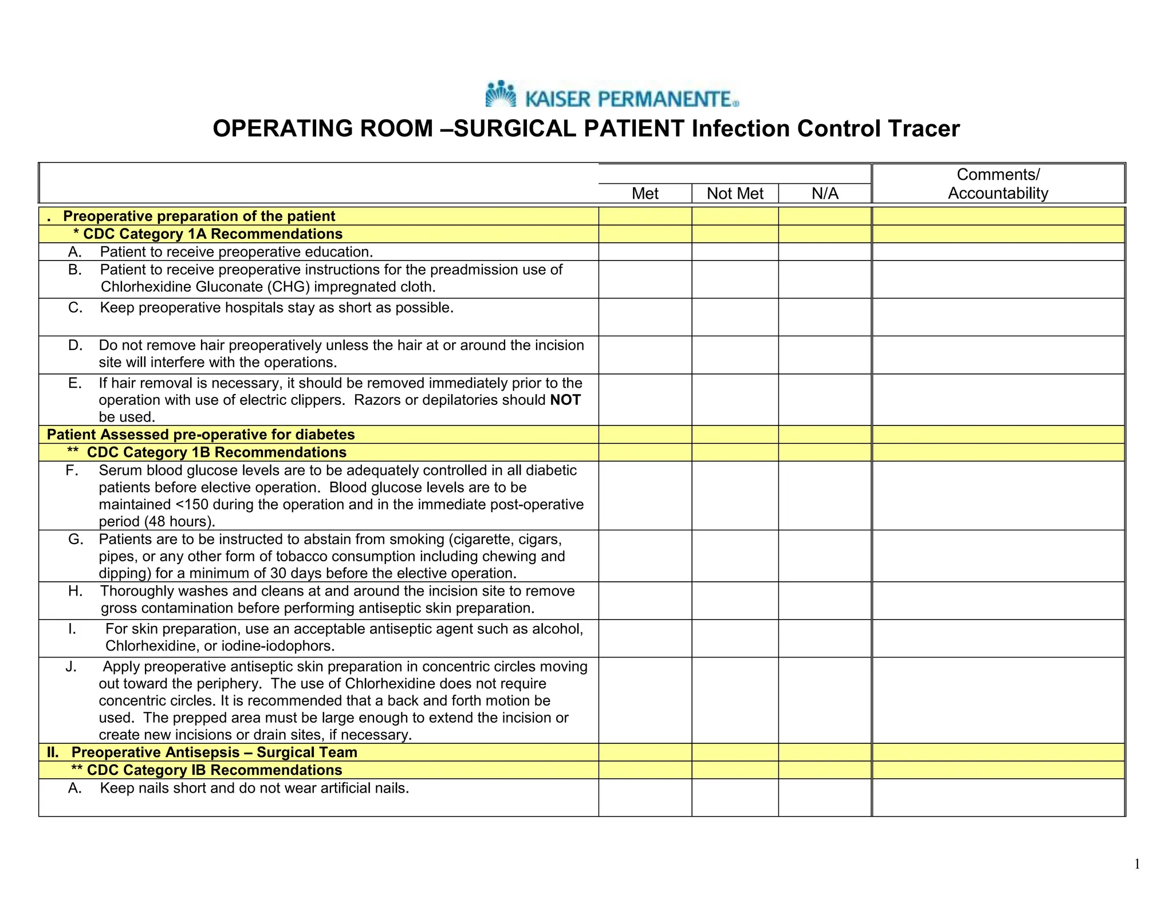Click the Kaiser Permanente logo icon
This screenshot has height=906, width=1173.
pos(500,94)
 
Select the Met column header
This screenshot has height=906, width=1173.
pos(645,194)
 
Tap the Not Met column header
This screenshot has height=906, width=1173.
pos(735,194)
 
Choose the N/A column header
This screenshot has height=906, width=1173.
pos(825,194)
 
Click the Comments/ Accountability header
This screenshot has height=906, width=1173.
pos(998,184)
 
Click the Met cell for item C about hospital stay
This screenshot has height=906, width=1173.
pos(645,317)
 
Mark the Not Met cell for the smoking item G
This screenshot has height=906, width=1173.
pos(735,556)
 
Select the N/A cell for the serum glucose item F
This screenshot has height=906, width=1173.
pos(825,495)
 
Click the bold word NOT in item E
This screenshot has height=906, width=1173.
pos(565,400)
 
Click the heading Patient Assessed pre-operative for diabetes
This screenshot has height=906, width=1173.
pos(200,435)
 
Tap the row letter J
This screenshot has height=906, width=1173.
pos(71,667)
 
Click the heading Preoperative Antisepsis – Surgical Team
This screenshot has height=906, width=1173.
pos(214,753)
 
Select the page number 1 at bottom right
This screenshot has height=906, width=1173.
pos(1137,864)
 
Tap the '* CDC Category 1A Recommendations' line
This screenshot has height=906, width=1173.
pos(208,234)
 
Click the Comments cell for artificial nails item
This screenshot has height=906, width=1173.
pos(998,797)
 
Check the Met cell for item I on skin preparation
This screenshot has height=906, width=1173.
pos(645,638)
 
